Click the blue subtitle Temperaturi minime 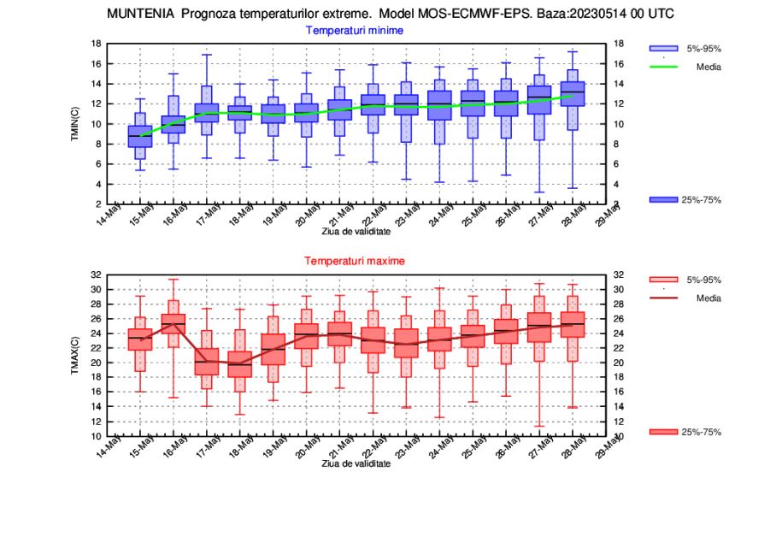[355, 30]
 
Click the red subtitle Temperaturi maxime [355, 260]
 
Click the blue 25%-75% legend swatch [663, 199]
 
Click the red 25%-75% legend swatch [663, 432]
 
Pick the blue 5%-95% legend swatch [663, 48]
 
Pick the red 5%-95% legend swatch [663, 280]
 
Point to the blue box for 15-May [140, 136]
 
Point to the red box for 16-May [173, 324]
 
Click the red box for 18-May [240, 364]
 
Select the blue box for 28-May [573, 93]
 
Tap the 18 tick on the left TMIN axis [97, 44]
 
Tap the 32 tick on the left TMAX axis [97, 275]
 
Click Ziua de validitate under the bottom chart [356, 463]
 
